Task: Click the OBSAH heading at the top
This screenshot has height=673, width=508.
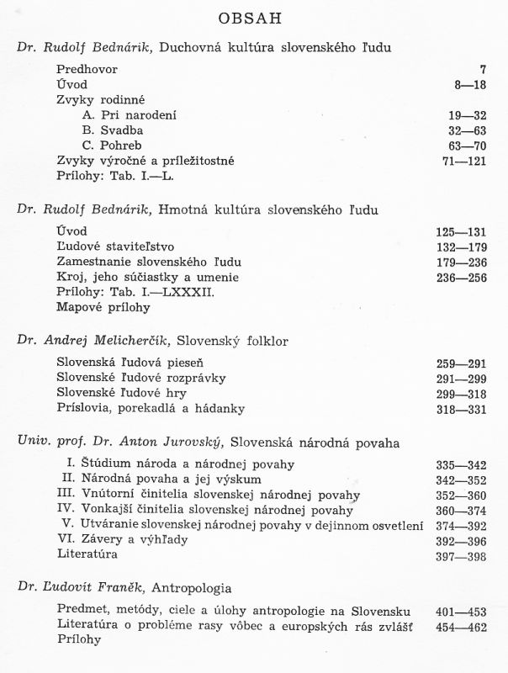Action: click(x=255, y=18)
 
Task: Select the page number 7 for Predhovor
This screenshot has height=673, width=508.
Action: click(x=482, y=69)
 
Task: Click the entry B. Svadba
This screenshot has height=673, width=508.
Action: click(x=113, y=130)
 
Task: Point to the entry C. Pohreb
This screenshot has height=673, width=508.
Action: click(x=113, y=145)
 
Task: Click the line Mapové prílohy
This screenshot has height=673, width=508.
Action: click(x=104, y=307)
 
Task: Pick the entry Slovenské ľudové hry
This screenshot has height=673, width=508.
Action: click(x=121, y=393)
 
